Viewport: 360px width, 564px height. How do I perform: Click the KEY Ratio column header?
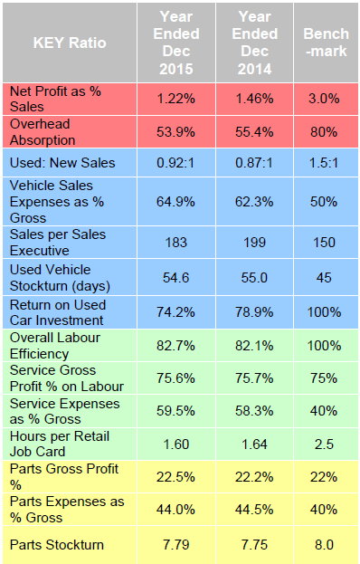click(x=70, y=43)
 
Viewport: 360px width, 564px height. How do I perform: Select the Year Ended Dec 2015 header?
click(x=175, y=42)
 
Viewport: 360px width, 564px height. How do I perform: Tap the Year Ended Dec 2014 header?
click(x=256, y=42)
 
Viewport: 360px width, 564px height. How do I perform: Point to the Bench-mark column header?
click(x=324, y=43)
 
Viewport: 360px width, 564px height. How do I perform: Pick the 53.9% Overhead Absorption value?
click(x=175, y=132)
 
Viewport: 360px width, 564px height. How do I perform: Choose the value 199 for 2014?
click(x=256, y=242)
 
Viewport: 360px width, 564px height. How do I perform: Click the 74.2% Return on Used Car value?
click(x=175, y=311)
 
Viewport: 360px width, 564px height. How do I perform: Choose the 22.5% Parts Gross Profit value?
click(x=175, y=479)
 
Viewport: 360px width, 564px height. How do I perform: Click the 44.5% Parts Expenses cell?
click(x=256, y=511)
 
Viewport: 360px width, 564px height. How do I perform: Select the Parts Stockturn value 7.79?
click(x=175, y=544)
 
